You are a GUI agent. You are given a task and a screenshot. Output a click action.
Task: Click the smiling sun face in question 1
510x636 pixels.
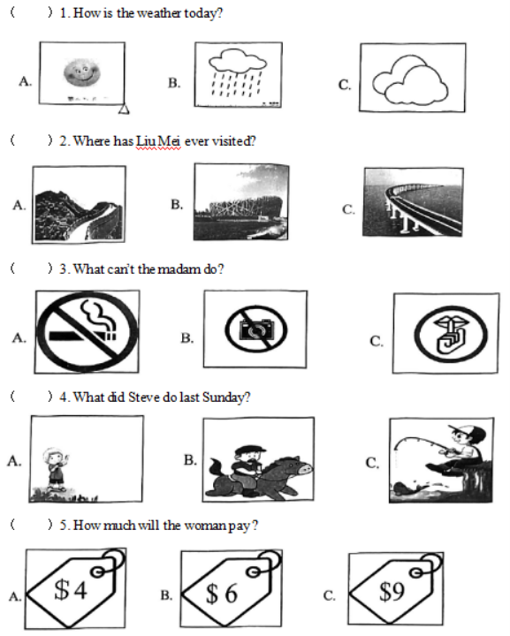(x=81, y=72)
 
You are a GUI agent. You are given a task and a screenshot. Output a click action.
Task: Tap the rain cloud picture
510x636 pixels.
(x=238, y=74)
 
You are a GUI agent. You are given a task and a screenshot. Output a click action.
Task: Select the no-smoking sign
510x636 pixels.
(x=88, y=331)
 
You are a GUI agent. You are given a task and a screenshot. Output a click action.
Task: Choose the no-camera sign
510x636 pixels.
(x=256, y=329)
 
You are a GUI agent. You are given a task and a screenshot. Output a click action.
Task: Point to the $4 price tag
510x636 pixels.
(x=75, y=588)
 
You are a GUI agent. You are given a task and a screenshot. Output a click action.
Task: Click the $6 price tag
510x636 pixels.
(x=232, y=589)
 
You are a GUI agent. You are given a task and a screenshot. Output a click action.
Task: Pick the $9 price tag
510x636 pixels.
(x=396, y=588)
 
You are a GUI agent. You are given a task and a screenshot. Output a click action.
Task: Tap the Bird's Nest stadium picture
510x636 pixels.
(x=241, y=201)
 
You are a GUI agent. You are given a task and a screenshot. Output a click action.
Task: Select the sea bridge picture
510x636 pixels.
(x=413, y=202)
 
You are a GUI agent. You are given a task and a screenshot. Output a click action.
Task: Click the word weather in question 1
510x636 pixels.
(x=159, y=13)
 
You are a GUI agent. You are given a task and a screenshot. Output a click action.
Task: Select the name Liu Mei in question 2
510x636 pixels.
(x=158, y=140)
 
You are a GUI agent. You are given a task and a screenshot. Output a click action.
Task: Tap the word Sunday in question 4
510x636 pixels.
(x=226, y=397)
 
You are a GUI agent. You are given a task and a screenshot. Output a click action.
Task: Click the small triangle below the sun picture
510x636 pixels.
(x=124, y=110)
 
